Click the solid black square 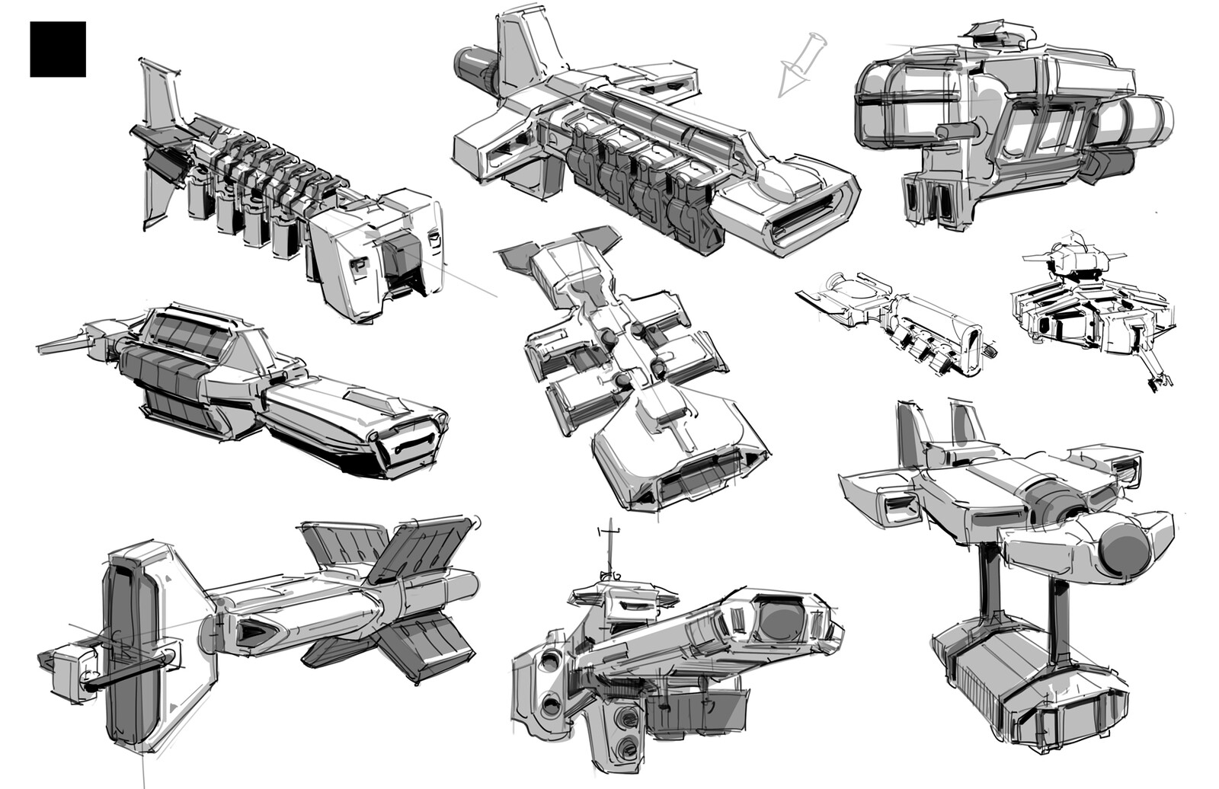(58, 50)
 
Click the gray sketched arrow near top (797, 65)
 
